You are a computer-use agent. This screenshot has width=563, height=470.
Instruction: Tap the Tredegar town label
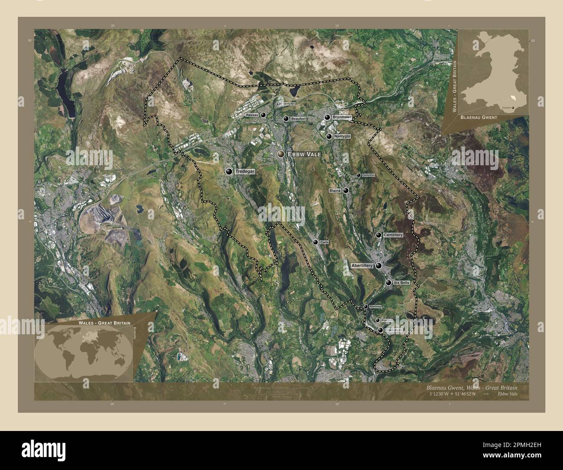point(245,172)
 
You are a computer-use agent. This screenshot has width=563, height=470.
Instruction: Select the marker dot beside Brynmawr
point(328,117)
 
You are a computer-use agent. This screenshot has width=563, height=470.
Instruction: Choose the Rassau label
point(252,115)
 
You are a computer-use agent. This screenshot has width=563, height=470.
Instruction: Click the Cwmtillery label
point(393,235)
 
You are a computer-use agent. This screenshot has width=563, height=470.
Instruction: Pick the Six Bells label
point(401,283)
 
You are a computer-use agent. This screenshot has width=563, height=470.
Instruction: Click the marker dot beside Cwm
point(316,242)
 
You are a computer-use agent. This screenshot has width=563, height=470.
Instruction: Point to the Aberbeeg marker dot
point(366,307)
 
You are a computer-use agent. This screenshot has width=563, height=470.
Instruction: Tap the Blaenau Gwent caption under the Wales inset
point(479,117)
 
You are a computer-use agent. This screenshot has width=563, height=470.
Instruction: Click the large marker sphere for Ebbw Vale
point(281,154)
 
